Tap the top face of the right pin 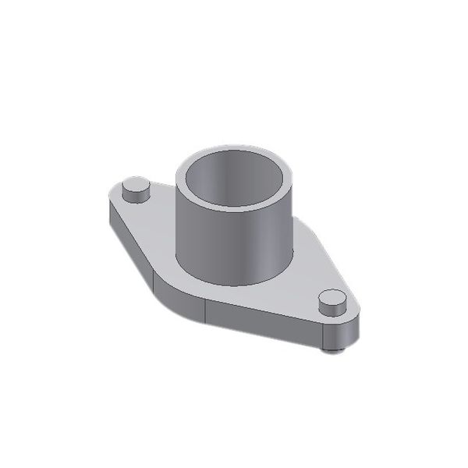pyautogui.click(x=333, y=298)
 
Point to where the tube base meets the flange pyautogui.click(x=234, y=283)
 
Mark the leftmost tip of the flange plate pyautogui.click(x=105, y=199)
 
